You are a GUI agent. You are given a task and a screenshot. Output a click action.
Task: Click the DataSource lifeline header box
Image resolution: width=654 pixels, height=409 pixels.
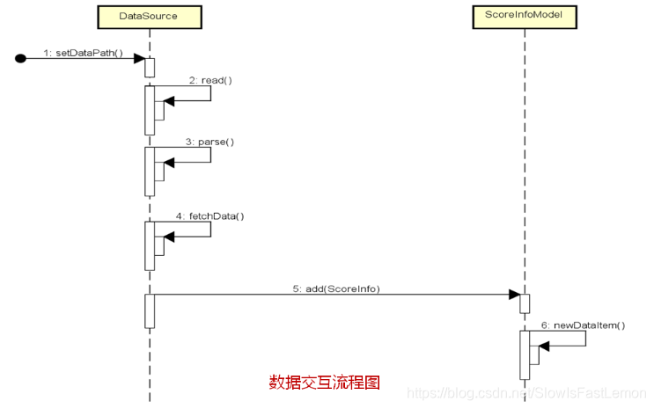(149, 16)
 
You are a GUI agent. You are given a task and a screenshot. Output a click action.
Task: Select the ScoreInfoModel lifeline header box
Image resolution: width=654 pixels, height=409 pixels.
(524, 16)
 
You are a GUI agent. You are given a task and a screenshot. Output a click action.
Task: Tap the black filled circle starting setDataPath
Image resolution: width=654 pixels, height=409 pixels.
(21, 59)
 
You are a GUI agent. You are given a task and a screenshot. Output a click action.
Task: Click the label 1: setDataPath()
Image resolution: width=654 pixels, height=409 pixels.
(84, 52)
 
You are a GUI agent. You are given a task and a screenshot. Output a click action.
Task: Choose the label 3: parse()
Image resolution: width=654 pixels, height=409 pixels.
(210, 141)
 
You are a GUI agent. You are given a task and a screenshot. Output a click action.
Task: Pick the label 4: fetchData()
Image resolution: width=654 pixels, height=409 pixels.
(210, 215)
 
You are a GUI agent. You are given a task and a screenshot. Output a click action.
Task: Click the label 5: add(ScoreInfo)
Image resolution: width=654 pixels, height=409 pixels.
(336, 288)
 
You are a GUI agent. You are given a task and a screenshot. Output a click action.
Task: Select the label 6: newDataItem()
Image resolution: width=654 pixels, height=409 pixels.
(583, 325)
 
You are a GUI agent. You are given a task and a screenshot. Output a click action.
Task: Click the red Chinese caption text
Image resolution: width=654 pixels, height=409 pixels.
(324, 383)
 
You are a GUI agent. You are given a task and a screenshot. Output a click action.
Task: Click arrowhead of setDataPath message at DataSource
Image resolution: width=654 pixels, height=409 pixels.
(139, 59)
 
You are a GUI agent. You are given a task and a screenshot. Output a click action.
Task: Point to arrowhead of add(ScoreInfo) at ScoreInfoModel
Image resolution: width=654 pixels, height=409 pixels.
(514, 296)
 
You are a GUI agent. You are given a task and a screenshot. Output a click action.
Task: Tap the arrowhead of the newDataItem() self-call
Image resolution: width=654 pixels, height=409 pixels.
(544, 346)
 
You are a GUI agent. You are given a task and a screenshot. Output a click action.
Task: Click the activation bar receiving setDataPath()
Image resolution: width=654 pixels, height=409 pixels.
(150, 68)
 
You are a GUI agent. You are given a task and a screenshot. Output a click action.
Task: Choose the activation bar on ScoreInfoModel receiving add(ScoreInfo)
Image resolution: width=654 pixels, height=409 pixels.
(525, 303)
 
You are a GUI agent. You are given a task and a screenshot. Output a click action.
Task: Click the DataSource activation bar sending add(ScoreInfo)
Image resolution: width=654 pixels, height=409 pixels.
(150, 311)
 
